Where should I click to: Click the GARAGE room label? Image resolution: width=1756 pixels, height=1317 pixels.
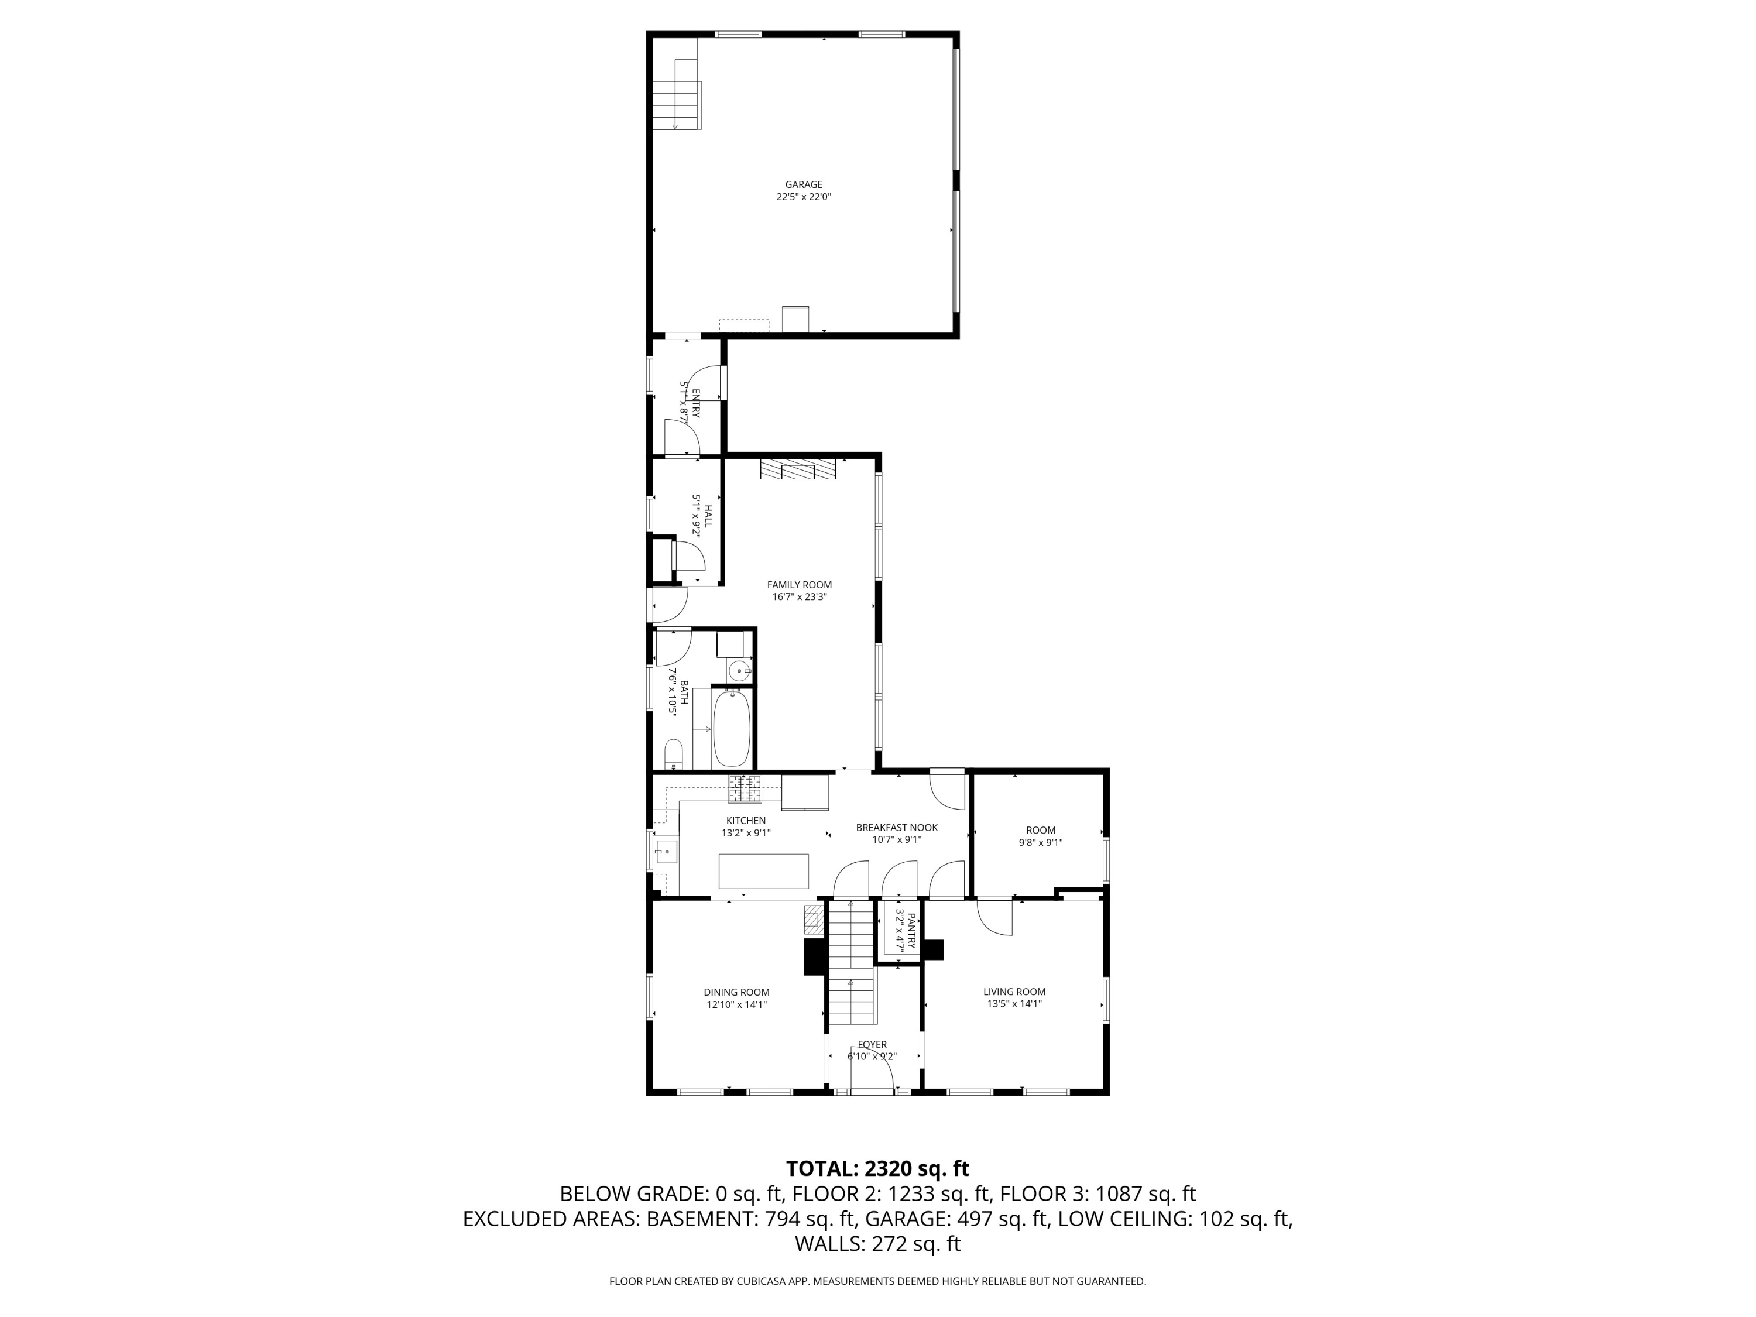pos(804,185)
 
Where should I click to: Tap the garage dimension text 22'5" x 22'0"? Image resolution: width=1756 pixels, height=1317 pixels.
pos(804,197)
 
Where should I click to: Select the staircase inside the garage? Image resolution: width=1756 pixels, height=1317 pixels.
pos(677,94)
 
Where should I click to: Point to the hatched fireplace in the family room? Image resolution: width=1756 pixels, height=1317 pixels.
pos(798,469)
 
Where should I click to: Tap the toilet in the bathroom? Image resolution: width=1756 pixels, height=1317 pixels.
pos(673,754)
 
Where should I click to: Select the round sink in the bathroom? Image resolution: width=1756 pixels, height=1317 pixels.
pos(740,671)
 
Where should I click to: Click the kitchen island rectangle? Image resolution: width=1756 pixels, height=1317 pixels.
pos(764,871)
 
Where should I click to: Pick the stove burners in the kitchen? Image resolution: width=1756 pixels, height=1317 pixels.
pos(745,788)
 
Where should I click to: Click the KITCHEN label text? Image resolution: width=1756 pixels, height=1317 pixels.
pos(746,821)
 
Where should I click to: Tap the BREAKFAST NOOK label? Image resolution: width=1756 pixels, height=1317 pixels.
pos(897,827)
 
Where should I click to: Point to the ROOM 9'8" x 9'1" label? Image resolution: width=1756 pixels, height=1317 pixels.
pos(1041,836)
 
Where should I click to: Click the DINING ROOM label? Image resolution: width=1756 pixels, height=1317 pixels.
pos(737,992)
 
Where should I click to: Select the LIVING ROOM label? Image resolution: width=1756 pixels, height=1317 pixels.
pos(1014,992)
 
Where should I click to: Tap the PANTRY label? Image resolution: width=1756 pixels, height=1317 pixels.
pos(911,931)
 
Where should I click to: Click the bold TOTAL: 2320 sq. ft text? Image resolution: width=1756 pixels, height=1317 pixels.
pos(877,1168)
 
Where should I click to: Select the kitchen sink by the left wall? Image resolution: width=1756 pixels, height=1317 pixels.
pos(666,852)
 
